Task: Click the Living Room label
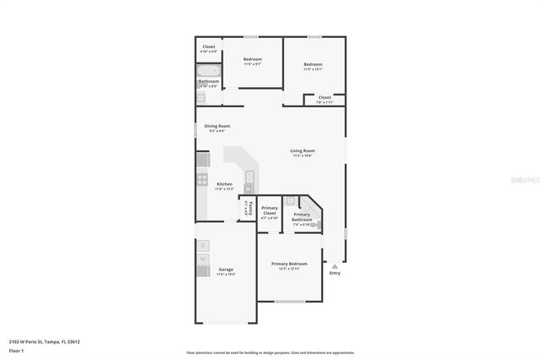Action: [303, 151]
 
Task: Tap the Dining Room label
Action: [216, 126]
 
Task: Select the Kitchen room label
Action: [224, 184]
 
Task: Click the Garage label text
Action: [226, 270]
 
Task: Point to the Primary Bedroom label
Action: [289, 264]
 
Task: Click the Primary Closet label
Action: [270, 211]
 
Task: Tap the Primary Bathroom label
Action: [302, 217]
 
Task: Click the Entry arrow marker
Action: [335, 265]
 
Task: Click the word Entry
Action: [335, 273]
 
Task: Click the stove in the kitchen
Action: [203, 178]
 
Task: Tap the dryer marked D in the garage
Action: [203, 246]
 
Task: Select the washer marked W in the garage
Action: [203, 259]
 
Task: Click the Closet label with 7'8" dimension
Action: [325, 97]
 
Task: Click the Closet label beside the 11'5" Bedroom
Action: [208, 47]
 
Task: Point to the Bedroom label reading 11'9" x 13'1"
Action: [313, 65]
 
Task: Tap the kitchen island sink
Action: [249, 177]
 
